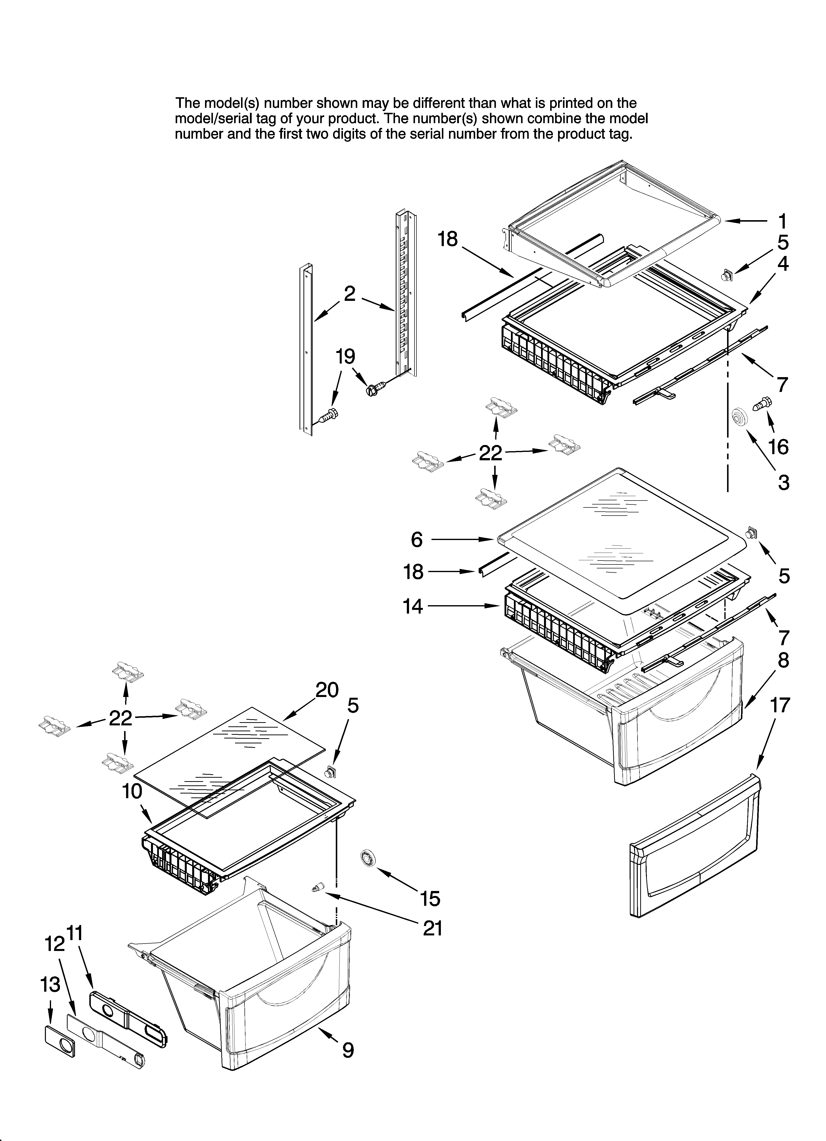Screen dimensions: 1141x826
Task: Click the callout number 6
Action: (x=417, y=540)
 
